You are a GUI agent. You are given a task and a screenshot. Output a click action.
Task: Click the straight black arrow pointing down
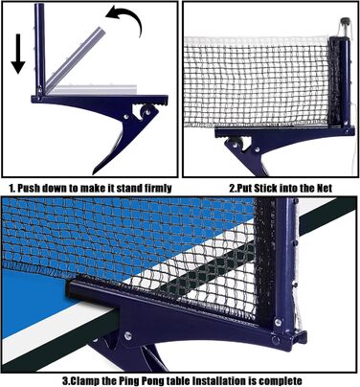18,54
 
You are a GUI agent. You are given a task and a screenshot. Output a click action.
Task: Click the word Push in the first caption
29,188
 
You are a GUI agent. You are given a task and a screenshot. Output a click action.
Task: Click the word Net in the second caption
325,188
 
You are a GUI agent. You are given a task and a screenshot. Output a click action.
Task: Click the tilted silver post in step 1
75,58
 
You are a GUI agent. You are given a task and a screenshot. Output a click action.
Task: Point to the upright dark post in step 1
39,50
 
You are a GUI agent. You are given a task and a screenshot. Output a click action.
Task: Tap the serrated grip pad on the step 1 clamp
151,102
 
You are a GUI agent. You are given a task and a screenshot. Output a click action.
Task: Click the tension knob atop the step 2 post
346,22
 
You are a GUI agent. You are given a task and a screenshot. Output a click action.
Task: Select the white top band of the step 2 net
256,40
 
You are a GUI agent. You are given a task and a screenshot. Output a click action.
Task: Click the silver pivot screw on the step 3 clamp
128,335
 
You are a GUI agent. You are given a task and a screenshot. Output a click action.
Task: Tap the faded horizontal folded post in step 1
93,89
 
